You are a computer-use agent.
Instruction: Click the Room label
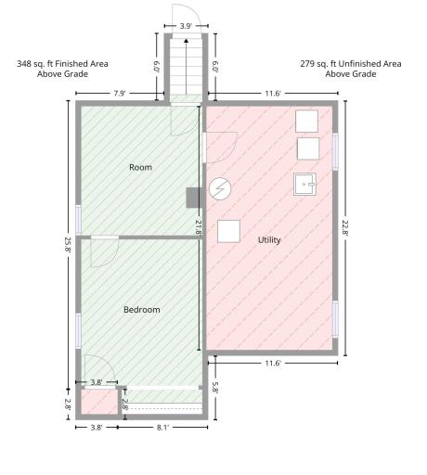[x=140, y=167]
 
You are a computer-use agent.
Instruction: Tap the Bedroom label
[x=142, y=310]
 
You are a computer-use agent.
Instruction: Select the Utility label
[x=269, y=240]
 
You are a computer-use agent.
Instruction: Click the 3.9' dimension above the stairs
[x=186, y=26]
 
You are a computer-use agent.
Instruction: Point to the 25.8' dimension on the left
[x=68, y=244]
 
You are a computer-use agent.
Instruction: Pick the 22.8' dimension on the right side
[x=345, y=227]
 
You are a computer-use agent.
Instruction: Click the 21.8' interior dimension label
[x=199, y=227]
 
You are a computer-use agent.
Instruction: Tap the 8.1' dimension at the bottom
[x=162, y=428]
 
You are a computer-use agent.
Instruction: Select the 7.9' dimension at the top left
[x=120, y=94]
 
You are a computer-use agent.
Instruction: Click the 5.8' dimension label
[x=215, y=388]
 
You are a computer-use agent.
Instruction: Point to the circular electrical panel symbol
[x=220, y=188]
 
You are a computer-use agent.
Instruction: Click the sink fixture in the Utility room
[x=304, y=184]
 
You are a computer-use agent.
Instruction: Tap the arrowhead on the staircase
[x=186, y=41]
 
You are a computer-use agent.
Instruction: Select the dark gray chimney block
[x=194, y=198]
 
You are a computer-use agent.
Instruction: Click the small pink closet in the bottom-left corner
[x=99, y=402]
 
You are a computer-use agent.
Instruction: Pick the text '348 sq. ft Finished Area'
[x=62, y=64]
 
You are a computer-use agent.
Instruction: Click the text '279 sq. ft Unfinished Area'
[x=351, y=64]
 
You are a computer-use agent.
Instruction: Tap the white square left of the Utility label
[x=228, y=231]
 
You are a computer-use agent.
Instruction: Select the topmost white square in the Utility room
[x=306, y=122]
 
